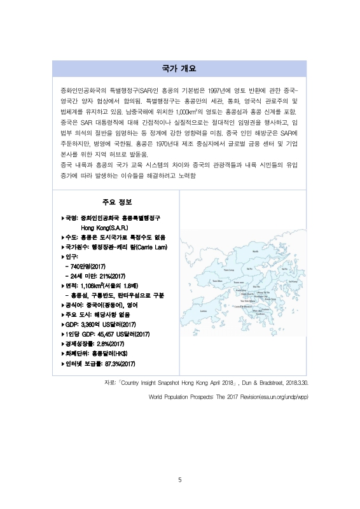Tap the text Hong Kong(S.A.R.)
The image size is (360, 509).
click(x=104, y=227)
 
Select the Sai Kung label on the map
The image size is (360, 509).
click(x=293, y=282)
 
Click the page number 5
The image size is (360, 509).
click(x=180, y=480)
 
